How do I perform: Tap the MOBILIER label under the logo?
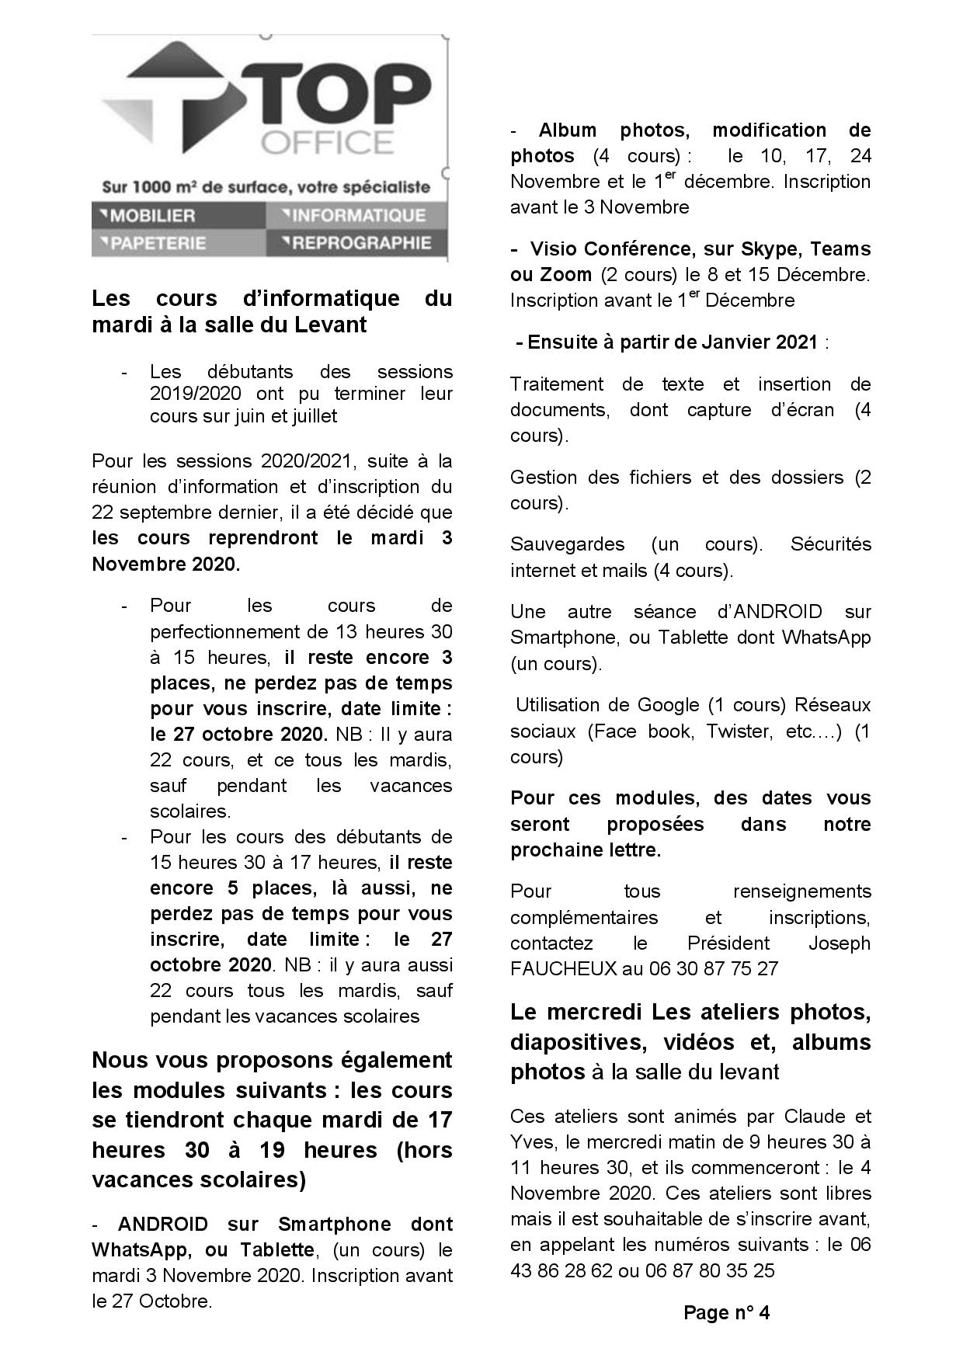coord(152,215)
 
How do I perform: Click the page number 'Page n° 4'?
coord(726,1312)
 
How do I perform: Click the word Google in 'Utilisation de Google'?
coord(668,704)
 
